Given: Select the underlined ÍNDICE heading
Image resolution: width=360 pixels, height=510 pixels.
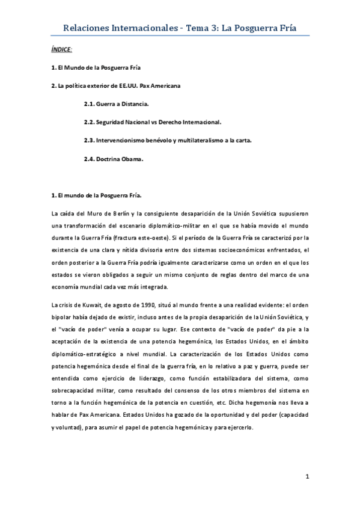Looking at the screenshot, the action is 63,49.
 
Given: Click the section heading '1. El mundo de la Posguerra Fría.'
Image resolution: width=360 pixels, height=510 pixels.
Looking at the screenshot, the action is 97,195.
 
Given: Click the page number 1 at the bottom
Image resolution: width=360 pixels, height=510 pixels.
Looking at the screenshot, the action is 307,477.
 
